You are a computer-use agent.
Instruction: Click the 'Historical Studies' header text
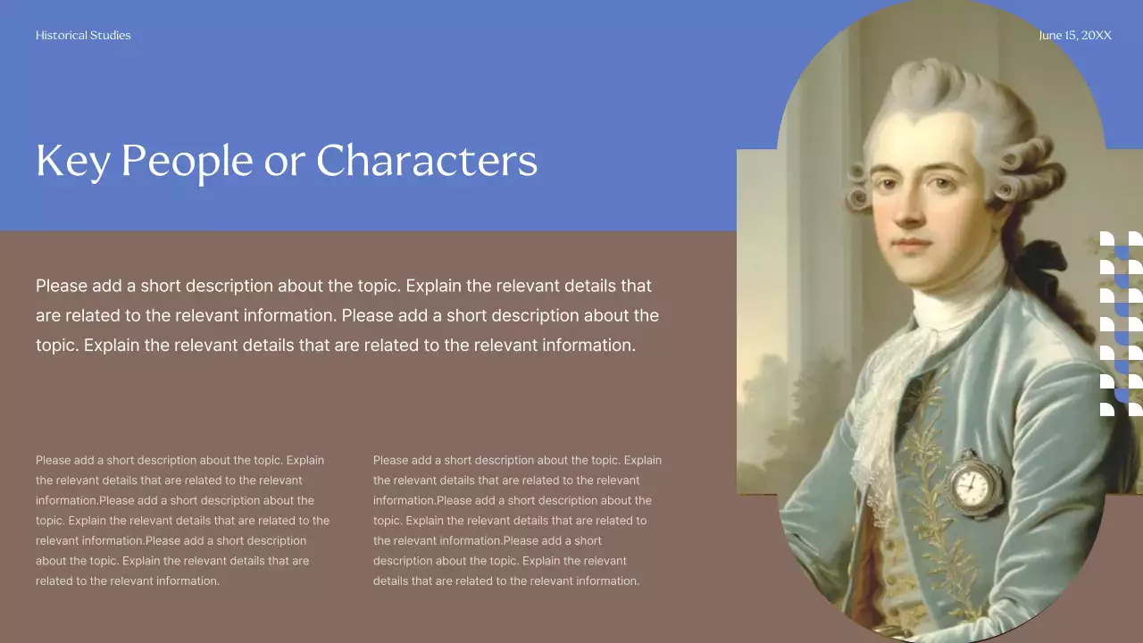83,36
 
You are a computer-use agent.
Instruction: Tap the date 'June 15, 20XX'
1075,36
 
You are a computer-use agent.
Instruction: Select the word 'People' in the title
186,162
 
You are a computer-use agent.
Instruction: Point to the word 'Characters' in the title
427,162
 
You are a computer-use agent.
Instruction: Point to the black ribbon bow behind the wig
1041,259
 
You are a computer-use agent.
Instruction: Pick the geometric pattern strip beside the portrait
1121,323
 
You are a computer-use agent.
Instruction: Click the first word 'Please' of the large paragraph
62,287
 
